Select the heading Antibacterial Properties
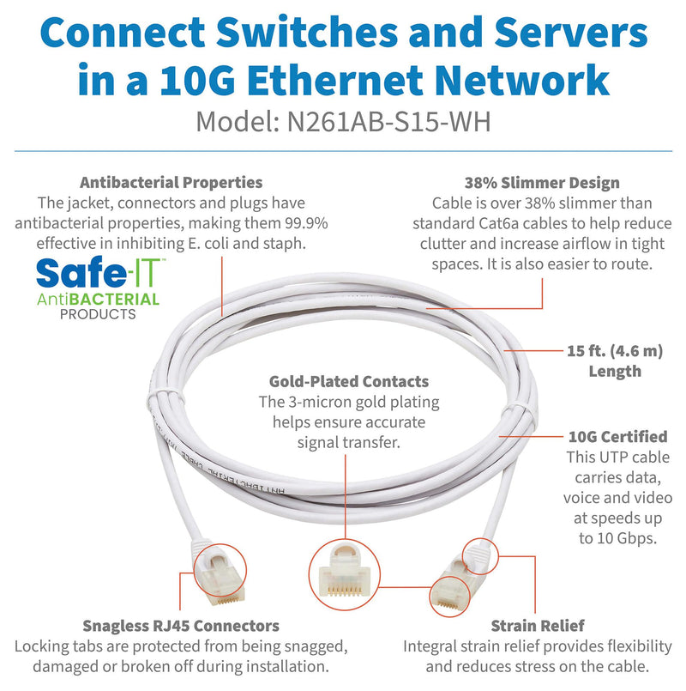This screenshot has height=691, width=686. point(171,183)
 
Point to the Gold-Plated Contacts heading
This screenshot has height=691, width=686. point(349,382)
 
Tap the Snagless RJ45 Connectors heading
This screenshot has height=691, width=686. point(181,626)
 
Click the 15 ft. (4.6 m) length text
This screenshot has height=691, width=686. point(615,350)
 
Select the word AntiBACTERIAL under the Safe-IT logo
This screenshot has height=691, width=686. point(97,300)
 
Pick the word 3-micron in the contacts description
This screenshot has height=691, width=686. point(323,402)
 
